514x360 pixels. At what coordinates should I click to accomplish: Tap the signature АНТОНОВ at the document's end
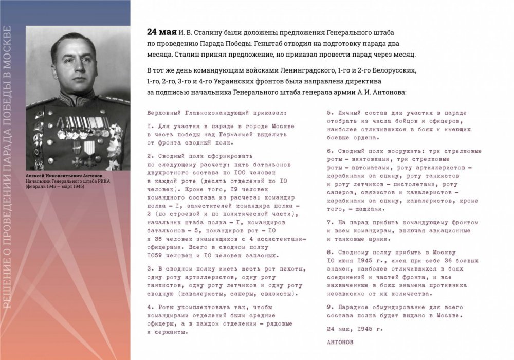[x=340, y=341]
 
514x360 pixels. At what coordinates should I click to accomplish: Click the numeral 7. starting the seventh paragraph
[x=330, y=222]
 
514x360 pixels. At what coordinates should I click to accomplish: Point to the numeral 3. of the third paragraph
[x=150, y=268]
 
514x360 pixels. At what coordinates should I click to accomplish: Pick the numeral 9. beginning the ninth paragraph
[x=330, y=307]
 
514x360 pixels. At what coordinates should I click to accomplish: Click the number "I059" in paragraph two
[x=155, y=255]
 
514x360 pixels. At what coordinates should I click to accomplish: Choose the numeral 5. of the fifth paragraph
[x=330, y=112]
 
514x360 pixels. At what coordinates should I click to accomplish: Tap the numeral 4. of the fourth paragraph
[x=150, y=307]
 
